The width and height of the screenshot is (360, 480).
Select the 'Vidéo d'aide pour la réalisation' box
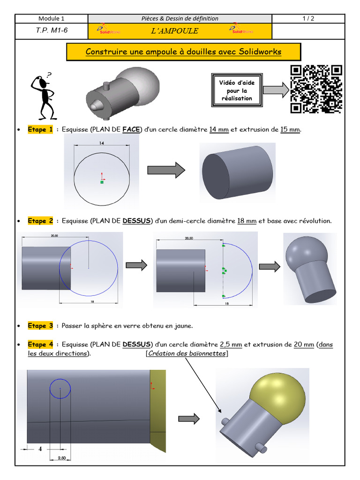(237, 91)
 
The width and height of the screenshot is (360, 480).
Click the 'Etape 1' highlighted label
(40, 130)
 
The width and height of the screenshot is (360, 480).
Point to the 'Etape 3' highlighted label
(40, 326)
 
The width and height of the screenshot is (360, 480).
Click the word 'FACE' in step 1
(131, 130)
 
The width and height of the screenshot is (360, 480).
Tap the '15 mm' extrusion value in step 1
(290, 130)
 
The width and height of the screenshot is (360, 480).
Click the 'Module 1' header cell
(52, 19)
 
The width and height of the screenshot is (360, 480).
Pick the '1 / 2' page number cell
(308, 19)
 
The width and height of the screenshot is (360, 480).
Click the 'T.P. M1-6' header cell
(52, 31)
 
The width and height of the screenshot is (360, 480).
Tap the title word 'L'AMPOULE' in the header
(174, 31)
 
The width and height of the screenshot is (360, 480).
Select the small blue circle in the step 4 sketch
(60, 389)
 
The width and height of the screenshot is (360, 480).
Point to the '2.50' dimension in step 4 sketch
(61, 457)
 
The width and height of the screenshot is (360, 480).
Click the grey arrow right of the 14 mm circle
(166, 170)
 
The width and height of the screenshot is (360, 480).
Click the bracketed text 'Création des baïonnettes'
(187, 353)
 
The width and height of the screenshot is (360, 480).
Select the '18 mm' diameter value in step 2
(247, 221)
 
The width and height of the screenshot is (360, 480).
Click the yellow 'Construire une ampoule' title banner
(183, 52)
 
